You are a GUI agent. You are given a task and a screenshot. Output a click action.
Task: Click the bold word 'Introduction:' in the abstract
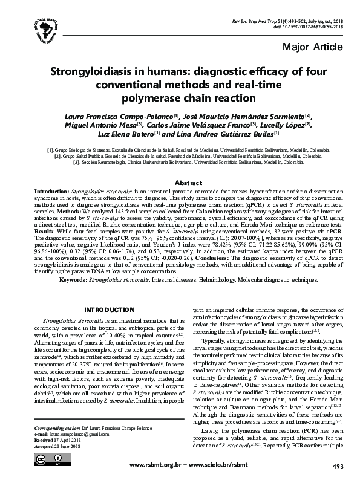coord(52,190)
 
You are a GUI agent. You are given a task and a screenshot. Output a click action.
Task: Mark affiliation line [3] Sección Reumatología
coord(179,162)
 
